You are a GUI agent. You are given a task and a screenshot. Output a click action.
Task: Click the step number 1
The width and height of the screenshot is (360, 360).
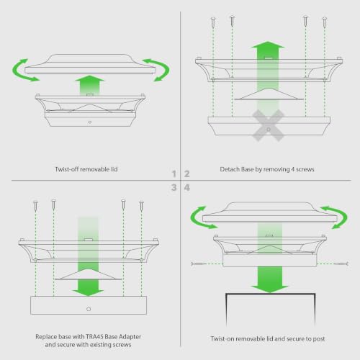(174, 174)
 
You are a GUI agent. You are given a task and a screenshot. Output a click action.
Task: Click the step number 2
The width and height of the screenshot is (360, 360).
(187, 174)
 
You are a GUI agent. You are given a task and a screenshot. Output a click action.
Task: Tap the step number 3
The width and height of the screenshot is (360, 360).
(174, 187)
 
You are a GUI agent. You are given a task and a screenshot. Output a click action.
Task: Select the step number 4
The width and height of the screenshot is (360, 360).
(187, 187)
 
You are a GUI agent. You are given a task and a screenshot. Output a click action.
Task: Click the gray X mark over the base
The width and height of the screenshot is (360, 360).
(269, 125)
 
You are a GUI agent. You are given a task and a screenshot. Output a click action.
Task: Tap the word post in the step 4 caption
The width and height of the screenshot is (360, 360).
(318, 339)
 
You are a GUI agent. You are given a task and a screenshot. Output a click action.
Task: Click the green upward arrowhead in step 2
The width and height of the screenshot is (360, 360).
(268, 45)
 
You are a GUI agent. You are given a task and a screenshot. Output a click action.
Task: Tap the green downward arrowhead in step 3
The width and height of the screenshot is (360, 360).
(88, 292)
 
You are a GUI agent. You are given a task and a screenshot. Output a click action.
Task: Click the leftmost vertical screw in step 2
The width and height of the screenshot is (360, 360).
(213, 22)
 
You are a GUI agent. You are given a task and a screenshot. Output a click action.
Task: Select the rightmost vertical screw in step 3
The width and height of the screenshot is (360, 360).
(141, 206)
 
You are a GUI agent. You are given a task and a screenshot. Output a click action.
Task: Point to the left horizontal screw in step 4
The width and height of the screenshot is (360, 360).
(198, 264)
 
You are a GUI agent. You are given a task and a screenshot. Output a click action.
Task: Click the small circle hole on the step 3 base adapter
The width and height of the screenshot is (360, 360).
(89, 309)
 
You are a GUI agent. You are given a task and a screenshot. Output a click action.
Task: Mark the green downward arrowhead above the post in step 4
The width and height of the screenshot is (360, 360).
(269, 289)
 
